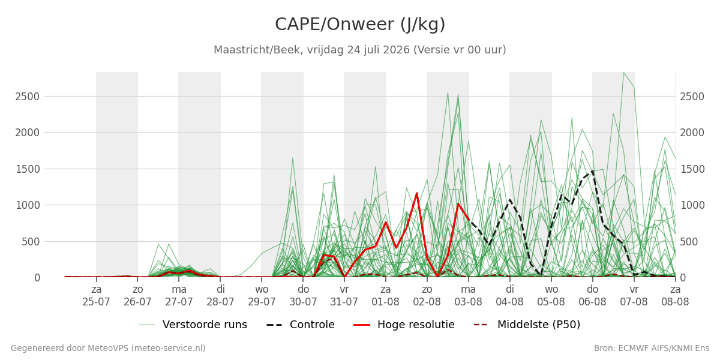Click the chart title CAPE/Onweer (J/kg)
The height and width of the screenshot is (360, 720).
[360, 25]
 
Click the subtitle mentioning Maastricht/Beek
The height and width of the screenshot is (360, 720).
[360, 50]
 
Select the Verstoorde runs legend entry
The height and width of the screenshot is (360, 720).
[193, 325]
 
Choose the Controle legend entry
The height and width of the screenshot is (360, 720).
[301, 325]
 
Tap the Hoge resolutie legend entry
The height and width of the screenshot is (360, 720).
[404, 325]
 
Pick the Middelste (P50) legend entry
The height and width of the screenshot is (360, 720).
[527, 325]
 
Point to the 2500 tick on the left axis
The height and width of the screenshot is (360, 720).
[28, 97]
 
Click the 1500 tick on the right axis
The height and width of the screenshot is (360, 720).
[692, 169]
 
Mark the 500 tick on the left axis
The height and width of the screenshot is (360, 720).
[31, 242]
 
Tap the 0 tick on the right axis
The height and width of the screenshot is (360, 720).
[683, 278]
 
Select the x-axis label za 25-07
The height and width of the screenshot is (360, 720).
[96, 296]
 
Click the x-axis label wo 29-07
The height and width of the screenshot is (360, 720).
[262, 296]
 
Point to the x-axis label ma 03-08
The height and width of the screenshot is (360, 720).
[469, 296]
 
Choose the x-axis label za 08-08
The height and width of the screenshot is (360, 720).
[675, 296]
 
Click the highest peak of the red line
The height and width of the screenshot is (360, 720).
[417, 193]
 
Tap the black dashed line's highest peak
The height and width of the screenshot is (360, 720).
[592, 171]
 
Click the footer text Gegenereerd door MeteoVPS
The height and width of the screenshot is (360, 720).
[108, 348]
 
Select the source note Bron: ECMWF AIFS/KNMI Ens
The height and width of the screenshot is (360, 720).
[652, 348]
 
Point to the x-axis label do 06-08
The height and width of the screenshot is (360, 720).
[592, 296]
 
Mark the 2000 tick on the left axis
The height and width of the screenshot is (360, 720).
[28, 133]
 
